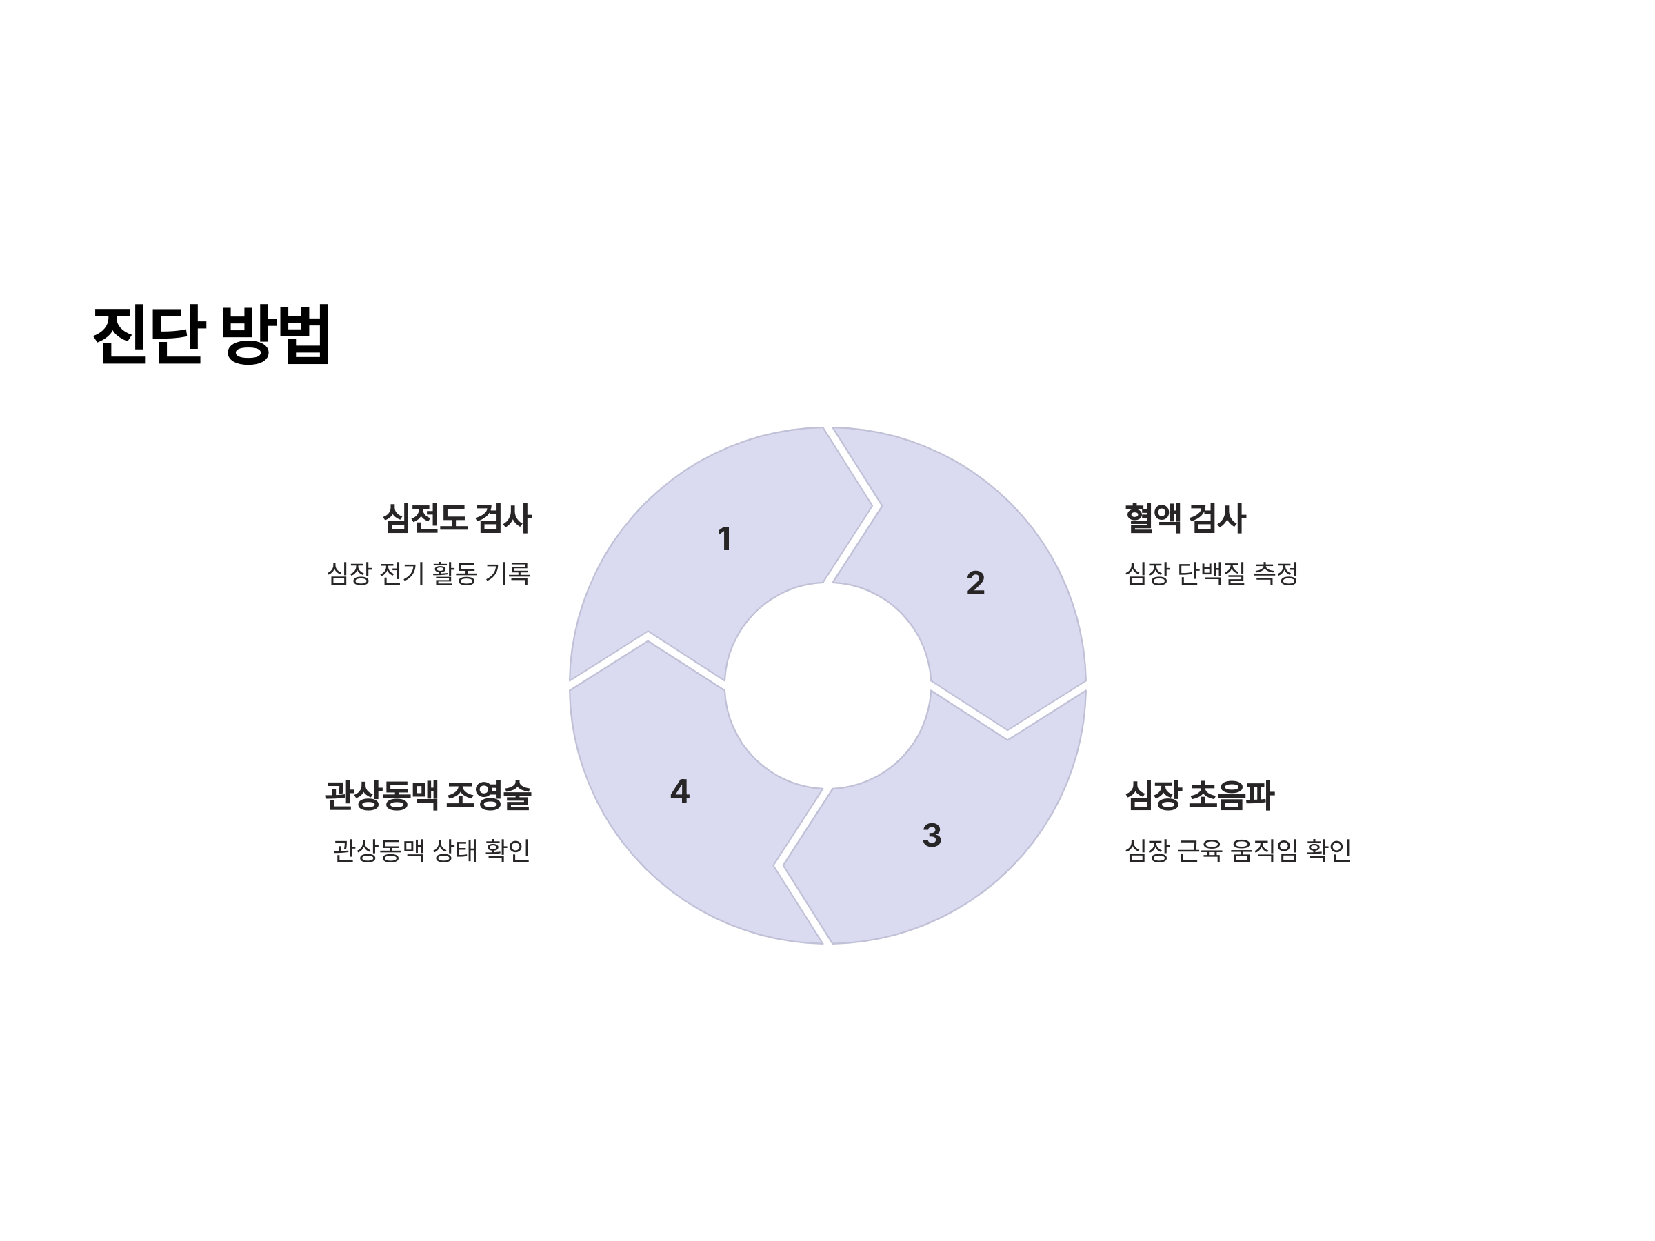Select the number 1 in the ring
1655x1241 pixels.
click(723, 539)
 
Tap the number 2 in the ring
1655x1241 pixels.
click(975, 583)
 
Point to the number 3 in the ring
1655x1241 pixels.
click(932, 836)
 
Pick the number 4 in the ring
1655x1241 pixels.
click(679, 791)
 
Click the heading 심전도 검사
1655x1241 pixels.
click(457, 518)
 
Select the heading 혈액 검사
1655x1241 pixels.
click(1185, 518)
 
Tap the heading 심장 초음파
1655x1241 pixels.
click(1198, 795)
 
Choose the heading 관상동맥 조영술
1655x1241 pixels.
click(428, 795)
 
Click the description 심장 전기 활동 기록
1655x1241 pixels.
click(429, 574)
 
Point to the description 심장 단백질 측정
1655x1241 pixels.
click(1212, 574)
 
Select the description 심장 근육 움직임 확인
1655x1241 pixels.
click(1238, 851)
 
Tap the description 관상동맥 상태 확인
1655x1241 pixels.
click(432, 851)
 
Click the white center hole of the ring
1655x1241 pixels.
click(827, 685)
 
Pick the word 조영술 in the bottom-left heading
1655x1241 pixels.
click(488, 795)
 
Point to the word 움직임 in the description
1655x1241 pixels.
click(1264, 851)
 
